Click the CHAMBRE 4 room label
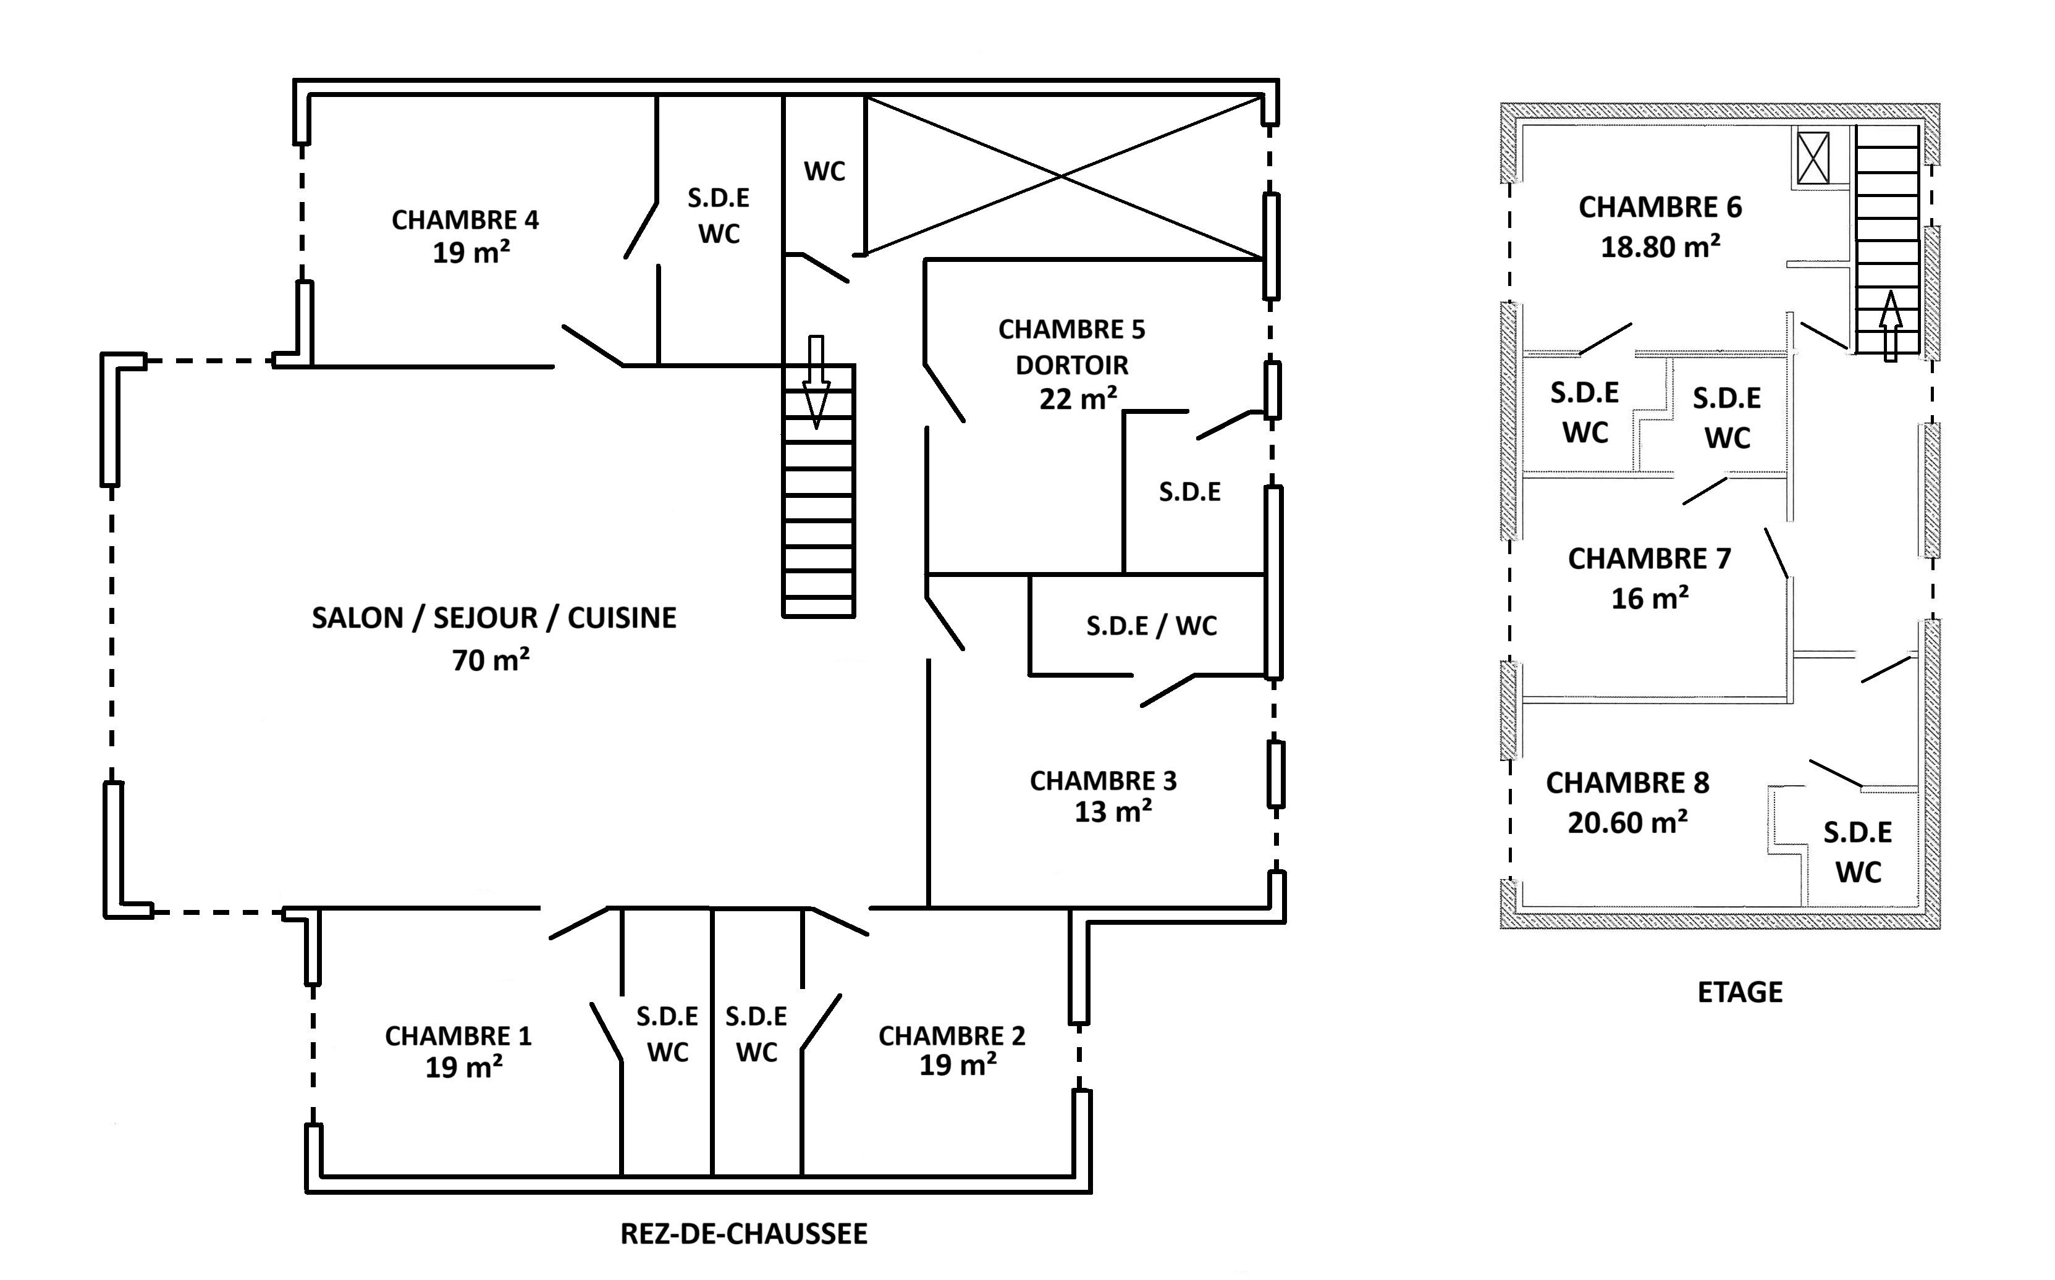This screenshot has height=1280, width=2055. tap(465, 220)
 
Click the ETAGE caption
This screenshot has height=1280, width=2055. tap(1740, 992)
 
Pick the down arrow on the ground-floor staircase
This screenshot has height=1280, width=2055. tap(816, 382)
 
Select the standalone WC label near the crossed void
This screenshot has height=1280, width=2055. tap(824, 172)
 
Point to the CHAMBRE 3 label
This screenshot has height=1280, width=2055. tap(1102, 780)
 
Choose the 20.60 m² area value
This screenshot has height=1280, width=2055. tap(1627, 823)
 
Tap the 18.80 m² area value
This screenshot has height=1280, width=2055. tap(1660, 247)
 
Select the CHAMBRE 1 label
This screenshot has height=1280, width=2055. tap(458, 1036)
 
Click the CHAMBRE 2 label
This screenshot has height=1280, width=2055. tap(952, 1036)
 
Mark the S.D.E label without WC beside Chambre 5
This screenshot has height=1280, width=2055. tap(1189, 492)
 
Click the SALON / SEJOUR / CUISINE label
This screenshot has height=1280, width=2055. tap(494, 618)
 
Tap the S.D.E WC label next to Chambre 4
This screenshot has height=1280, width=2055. tap(718, 215)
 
